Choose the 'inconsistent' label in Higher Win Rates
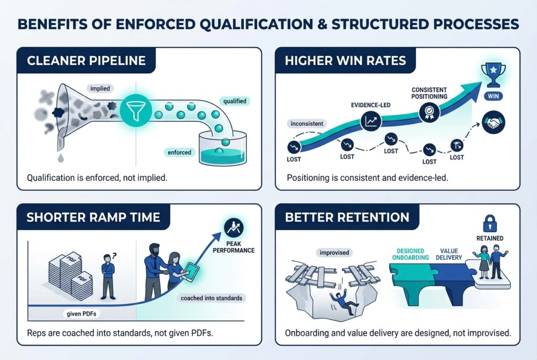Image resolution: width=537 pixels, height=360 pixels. [x=306, y=124]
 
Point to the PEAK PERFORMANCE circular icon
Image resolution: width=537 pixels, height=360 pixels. [x=231, y=228]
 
